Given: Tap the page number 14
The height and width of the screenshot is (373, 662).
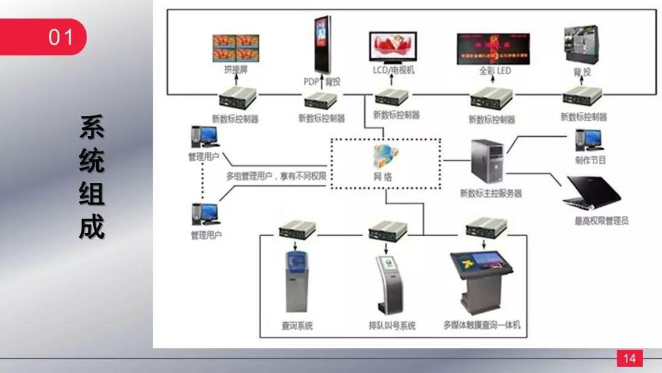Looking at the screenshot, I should click(x=630, y=358).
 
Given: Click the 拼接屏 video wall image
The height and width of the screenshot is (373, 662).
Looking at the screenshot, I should click(x=235, y=48).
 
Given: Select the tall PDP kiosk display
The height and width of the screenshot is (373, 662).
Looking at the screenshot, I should click(x=322, y=44).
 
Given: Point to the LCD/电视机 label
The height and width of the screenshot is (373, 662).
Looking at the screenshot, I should click(x=394, y=71).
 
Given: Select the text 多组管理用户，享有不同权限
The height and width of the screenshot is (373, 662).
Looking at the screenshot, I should click(x=276, y=177).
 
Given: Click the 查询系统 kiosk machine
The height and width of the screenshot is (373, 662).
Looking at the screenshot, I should click(x=297, y=282).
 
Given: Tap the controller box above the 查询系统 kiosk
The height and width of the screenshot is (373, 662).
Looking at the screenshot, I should click(x=297, y=230).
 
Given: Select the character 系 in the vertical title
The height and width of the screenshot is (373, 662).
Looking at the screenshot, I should click(x=91, y=127).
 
